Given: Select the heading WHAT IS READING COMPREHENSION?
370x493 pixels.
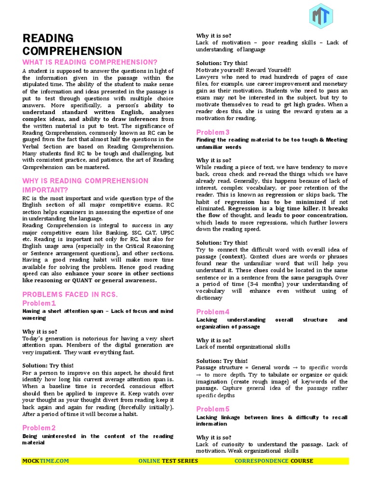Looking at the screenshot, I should point(90,62).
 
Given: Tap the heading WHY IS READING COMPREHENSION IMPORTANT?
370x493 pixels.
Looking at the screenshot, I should point(85,185).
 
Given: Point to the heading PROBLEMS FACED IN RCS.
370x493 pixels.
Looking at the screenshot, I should point(70,294).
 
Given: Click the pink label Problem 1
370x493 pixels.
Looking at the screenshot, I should point(39,303).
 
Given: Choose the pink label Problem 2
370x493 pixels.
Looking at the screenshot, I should point(39,428).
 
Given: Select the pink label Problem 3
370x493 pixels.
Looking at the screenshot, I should point(212,132).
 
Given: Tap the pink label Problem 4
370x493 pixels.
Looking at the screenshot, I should point(212,312).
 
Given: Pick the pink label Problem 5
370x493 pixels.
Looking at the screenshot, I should point(212,409).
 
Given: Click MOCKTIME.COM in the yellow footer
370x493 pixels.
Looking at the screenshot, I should point(46,461).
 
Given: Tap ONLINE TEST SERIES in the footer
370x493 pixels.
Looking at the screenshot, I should point(168,461).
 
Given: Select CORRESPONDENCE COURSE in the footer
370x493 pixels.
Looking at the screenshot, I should point(274,461).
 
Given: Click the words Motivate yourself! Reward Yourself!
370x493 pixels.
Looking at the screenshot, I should point(243,70).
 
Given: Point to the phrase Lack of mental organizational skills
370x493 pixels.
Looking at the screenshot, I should point(243,347).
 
